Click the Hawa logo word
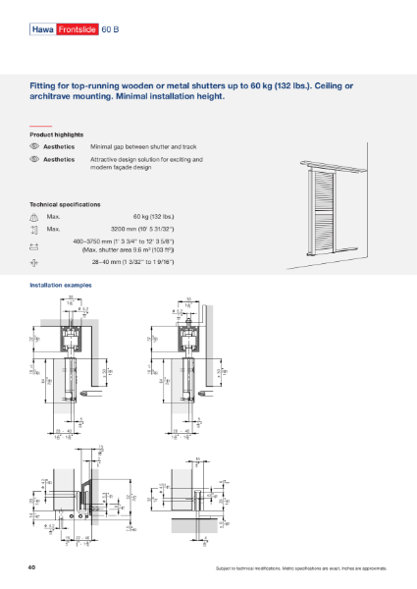point(43,30)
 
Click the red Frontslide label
point(78,30)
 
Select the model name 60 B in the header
point(110,30)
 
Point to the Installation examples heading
point(61,285)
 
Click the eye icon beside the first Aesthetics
point(34,145)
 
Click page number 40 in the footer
point(34,567)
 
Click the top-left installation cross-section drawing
point(69,368)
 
